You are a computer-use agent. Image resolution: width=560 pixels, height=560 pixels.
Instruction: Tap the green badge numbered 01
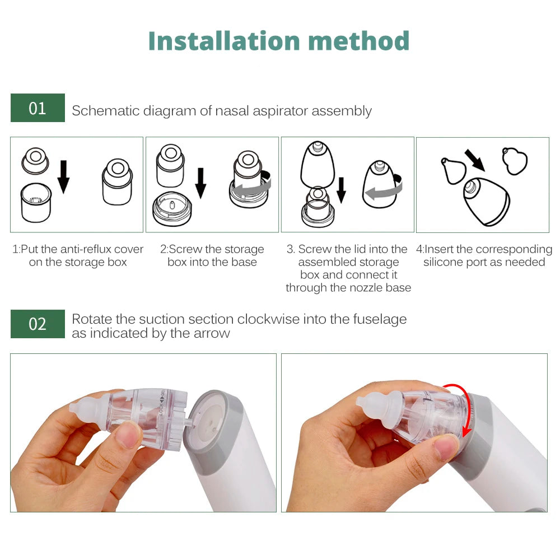38,108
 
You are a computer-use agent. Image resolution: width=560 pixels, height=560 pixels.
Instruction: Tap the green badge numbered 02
38,324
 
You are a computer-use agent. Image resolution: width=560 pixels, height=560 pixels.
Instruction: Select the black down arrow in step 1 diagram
64,176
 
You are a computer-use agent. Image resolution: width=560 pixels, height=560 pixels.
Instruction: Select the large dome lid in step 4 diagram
486,201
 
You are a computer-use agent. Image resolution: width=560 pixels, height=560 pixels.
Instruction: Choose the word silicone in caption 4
445,262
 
